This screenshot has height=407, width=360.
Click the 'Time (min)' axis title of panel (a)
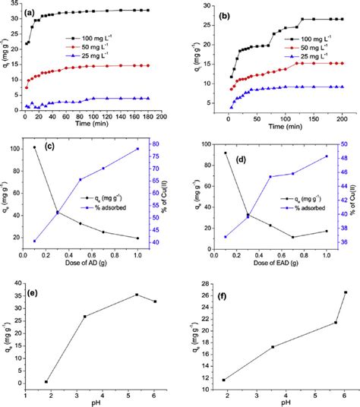(86, 125)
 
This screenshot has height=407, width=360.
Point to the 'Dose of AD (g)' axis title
(86, 261)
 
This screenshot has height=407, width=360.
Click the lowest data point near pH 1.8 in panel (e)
(46, 382)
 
